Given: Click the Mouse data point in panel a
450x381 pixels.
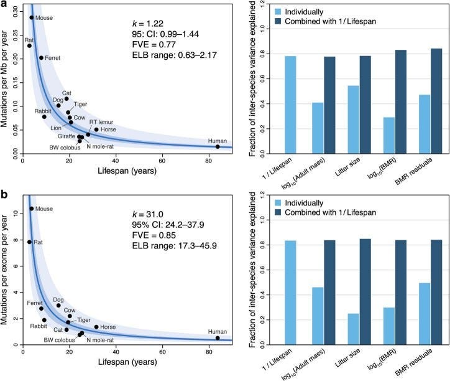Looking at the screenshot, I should [x=32, y=17].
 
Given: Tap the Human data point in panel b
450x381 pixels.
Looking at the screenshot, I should [x=218, y=338].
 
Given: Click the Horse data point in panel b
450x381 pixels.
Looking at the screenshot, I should [x=96, y=327].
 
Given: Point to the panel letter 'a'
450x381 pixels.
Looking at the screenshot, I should [x=4, y=5].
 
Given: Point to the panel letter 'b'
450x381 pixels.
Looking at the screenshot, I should [x=4, y=196].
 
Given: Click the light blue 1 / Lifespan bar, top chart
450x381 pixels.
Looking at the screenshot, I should [x=290, y=104].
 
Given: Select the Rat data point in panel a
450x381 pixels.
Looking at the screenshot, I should [x=29, y=45].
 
